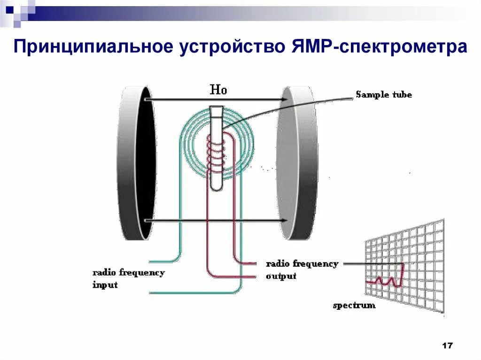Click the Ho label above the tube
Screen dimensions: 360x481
(218, 90)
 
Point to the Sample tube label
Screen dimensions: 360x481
(383, 95)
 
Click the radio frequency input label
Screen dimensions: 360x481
(128, 278)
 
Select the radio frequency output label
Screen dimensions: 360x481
(302, 269)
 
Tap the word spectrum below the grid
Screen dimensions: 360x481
(354, 306)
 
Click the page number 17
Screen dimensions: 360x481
(447, 346)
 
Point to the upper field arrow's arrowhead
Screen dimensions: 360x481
(285, 100)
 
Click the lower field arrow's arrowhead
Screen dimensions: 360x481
(284, 221)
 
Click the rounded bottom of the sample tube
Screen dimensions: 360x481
(217, 186)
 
